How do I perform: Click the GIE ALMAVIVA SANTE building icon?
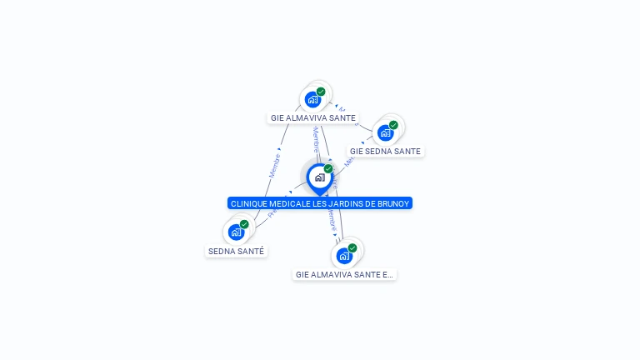coord(313,99)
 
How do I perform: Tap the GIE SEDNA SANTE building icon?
coord(385,132)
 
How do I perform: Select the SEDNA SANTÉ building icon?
coord(236,232)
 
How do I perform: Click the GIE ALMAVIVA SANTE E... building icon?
coord(343,255)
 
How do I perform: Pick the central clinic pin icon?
coord(319,177)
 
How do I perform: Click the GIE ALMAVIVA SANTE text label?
coord(313,118)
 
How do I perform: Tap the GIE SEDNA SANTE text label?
coord(385,152)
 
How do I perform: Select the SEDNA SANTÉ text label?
coord(237,251)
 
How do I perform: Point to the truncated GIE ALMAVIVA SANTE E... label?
coord(344,274)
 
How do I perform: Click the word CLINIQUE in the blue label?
coord(250,203)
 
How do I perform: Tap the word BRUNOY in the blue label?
coord(393,203)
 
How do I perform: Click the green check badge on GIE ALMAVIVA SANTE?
coord(321,92)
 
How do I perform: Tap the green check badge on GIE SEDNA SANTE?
coord(393,125)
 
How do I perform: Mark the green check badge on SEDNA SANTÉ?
coord(244,224)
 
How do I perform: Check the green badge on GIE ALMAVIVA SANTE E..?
coord(352,247)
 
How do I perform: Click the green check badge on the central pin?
coord(328,168)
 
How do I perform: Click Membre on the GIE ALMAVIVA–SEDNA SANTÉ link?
coord(274,164)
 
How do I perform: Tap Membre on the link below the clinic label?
coord(332,220)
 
